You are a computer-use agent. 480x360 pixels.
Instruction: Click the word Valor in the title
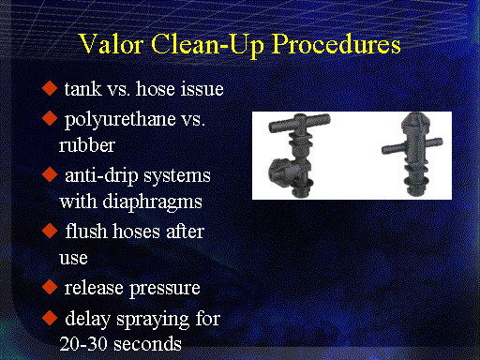[111, 44]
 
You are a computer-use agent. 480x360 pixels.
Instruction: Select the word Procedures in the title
[337, 44]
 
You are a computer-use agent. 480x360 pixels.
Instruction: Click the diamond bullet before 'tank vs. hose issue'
[50, 88]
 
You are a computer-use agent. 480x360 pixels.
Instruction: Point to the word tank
[82, 89]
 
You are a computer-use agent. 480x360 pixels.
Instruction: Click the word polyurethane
[120, 120]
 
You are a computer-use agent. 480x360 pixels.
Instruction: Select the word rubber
[87, 145]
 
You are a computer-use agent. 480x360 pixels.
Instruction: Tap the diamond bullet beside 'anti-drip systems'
[50, 174]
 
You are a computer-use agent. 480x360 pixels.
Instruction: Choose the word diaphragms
[153, 202]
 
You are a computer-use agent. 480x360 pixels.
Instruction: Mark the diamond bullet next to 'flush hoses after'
[50, 231]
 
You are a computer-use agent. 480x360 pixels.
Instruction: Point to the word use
[73, 259]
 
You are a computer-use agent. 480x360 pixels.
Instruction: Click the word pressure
[165, 289]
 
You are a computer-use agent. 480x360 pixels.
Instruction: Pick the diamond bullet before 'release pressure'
[50, 287]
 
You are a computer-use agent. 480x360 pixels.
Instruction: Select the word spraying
[153, 320]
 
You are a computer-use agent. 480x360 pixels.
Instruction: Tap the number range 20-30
[83, 344]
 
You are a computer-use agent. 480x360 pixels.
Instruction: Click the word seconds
[147, 344]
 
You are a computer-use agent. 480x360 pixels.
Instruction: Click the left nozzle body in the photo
[298, 156]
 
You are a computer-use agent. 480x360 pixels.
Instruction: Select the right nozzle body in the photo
[413, 154]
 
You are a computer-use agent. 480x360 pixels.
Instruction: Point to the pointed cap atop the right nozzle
[415, 122]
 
